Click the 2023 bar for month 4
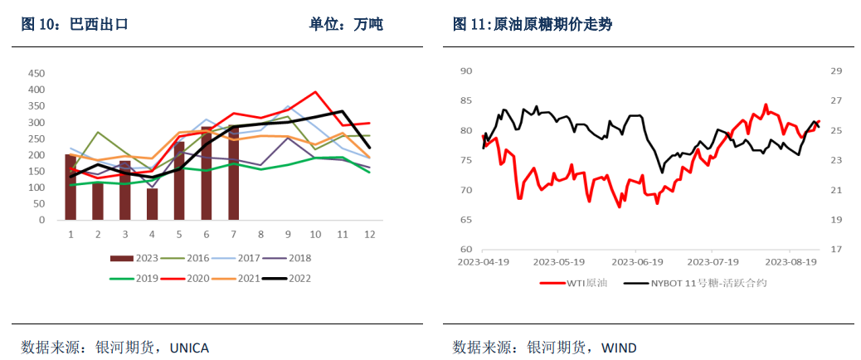152,204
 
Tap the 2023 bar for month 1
71,187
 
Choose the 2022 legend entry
295,279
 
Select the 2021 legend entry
241,279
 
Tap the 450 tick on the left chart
36,74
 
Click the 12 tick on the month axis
368,235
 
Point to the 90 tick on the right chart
465,71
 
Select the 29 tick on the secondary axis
836,71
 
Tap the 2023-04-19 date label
484,261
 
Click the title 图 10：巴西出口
75,25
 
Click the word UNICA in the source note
189,348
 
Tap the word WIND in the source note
619,348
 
